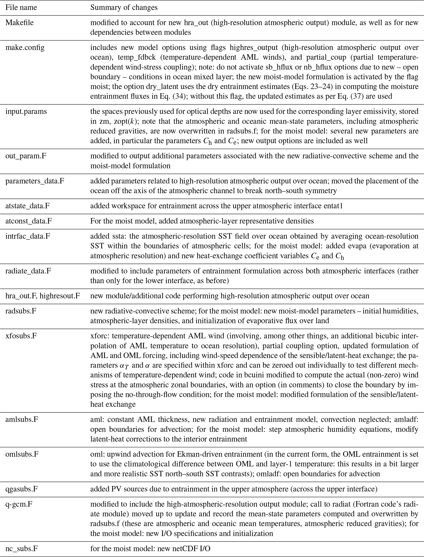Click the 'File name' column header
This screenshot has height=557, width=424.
21,8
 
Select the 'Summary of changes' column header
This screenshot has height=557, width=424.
124,8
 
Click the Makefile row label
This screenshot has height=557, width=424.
19,23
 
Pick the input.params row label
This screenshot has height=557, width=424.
26,111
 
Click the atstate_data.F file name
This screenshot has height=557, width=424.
27,206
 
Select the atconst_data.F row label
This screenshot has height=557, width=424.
29,221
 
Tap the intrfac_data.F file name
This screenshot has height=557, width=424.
28,236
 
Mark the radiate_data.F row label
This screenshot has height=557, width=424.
28,271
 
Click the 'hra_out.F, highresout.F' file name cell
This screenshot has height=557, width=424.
43,296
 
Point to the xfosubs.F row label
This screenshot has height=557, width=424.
21,336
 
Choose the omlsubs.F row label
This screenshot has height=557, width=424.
22,454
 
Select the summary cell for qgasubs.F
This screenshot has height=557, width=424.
233,489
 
